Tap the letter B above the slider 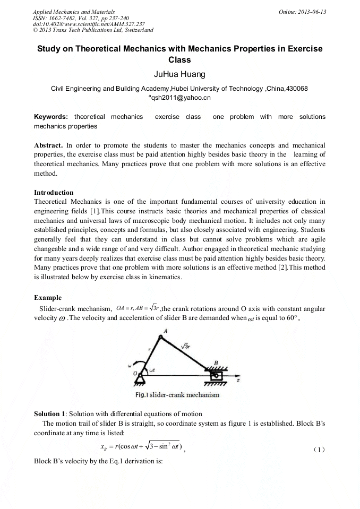[x=216, y=364]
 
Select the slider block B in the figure [x=216, y=375]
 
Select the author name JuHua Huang [x=179, y=74]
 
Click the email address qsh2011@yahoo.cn [x=180, y=98]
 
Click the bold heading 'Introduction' [x=54, y=192]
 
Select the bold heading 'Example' [x=48, y=298]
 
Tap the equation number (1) [x=319, y=450]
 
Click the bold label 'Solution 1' [x=50, y=413]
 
